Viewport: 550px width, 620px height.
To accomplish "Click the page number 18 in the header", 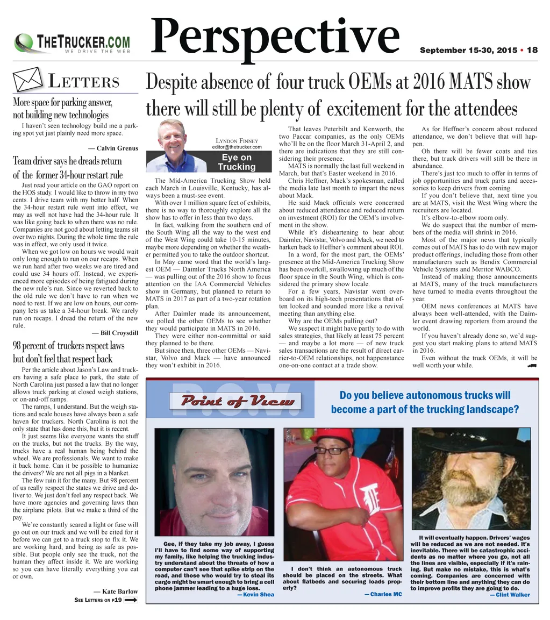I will tap(532, 51).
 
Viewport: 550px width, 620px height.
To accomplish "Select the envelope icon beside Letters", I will tap(27, 80).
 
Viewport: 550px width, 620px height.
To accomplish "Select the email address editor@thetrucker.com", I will tap(237, 147).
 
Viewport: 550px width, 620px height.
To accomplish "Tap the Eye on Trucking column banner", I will tap(237, 162).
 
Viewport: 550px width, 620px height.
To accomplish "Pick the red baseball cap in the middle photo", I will tap(332, 436).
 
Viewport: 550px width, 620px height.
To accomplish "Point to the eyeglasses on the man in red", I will tap(331, 451).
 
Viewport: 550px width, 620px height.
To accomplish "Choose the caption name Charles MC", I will tap(383, 594).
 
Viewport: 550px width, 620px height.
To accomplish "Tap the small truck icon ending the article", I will tap(532, 366).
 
